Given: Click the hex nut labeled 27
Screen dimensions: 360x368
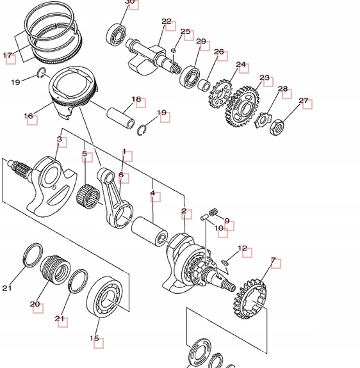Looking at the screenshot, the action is click(x=276, y=127).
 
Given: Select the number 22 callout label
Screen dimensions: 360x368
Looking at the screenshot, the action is click(x=167, y=21).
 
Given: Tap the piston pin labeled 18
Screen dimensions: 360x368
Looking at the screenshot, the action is click(x=120, y=118).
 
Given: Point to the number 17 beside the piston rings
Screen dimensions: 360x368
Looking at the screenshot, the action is click(x=7, y=56).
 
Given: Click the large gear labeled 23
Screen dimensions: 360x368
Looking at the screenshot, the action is click(x=242, y=106).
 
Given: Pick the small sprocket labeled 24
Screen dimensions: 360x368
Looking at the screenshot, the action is click(x=220, y=93).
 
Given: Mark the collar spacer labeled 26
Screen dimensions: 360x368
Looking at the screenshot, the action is click(x=204, y=85).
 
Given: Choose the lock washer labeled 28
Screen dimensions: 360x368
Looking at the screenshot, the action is click(x=263, y=120).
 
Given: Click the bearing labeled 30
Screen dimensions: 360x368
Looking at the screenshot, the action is click(x=116, y=35).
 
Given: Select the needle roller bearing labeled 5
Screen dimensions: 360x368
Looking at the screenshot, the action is click(x=88, y=196).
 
